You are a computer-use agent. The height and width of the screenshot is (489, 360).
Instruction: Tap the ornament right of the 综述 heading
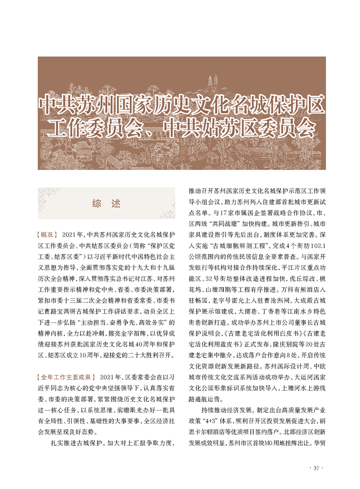[x=165, y=203]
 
